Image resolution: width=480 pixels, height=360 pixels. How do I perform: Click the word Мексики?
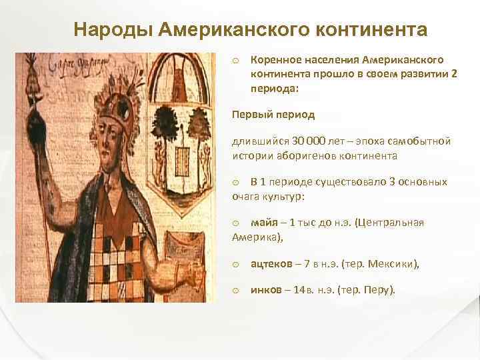pos(394,264)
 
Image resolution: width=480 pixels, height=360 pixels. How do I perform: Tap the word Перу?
pos(380,290)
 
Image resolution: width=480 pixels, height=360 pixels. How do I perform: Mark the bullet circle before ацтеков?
pos(236,265)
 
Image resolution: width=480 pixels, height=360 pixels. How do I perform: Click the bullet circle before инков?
pos(236,291)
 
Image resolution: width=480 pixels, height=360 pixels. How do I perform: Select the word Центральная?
pos(391,223)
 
